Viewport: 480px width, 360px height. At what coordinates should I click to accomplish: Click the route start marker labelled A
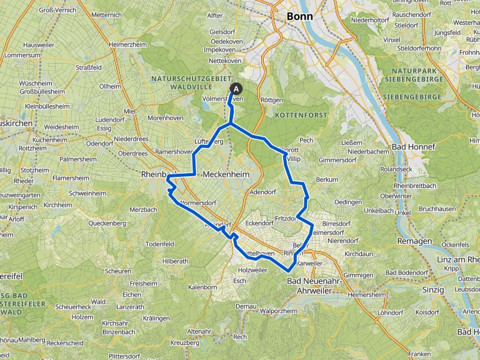click(236, 89)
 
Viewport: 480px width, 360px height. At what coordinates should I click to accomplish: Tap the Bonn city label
click(298, 17)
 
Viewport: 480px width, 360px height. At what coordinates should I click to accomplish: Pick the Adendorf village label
click(262, 192)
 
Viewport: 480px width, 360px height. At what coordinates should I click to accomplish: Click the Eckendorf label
click(260, 222)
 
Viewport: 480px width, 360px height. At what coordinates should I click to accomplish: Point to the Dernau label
click(246, 306)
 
